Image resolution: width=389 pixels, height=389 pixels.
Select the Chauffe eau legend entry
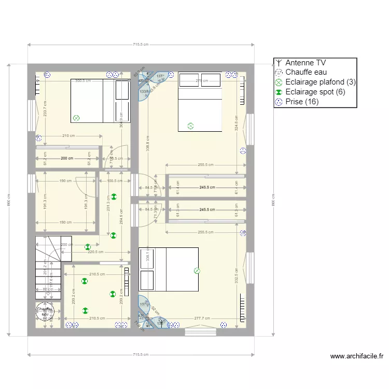coord(306,72)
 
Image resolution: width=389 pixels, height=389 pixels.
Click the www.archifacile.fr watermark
coord(356,356)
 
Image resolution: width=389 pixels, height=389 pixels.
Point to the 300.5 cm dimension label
coord(83,81)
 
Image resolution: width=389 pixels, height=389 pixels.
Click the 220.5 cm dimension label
coord(95,252)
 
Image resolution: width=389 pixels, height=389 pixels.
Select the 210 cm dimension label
coord(68,136)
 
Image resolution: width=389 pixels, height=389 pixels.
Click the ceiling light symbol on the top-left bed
coord(77,118)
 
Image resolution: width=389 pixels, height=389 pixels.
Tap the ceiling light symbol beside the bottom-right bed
coord(197,270)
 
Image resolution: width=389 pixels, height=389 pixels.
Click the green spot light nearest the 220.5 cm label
coord(88,247)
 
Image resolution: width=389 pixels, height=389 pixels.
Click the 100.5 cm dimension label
coord(115,181)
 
